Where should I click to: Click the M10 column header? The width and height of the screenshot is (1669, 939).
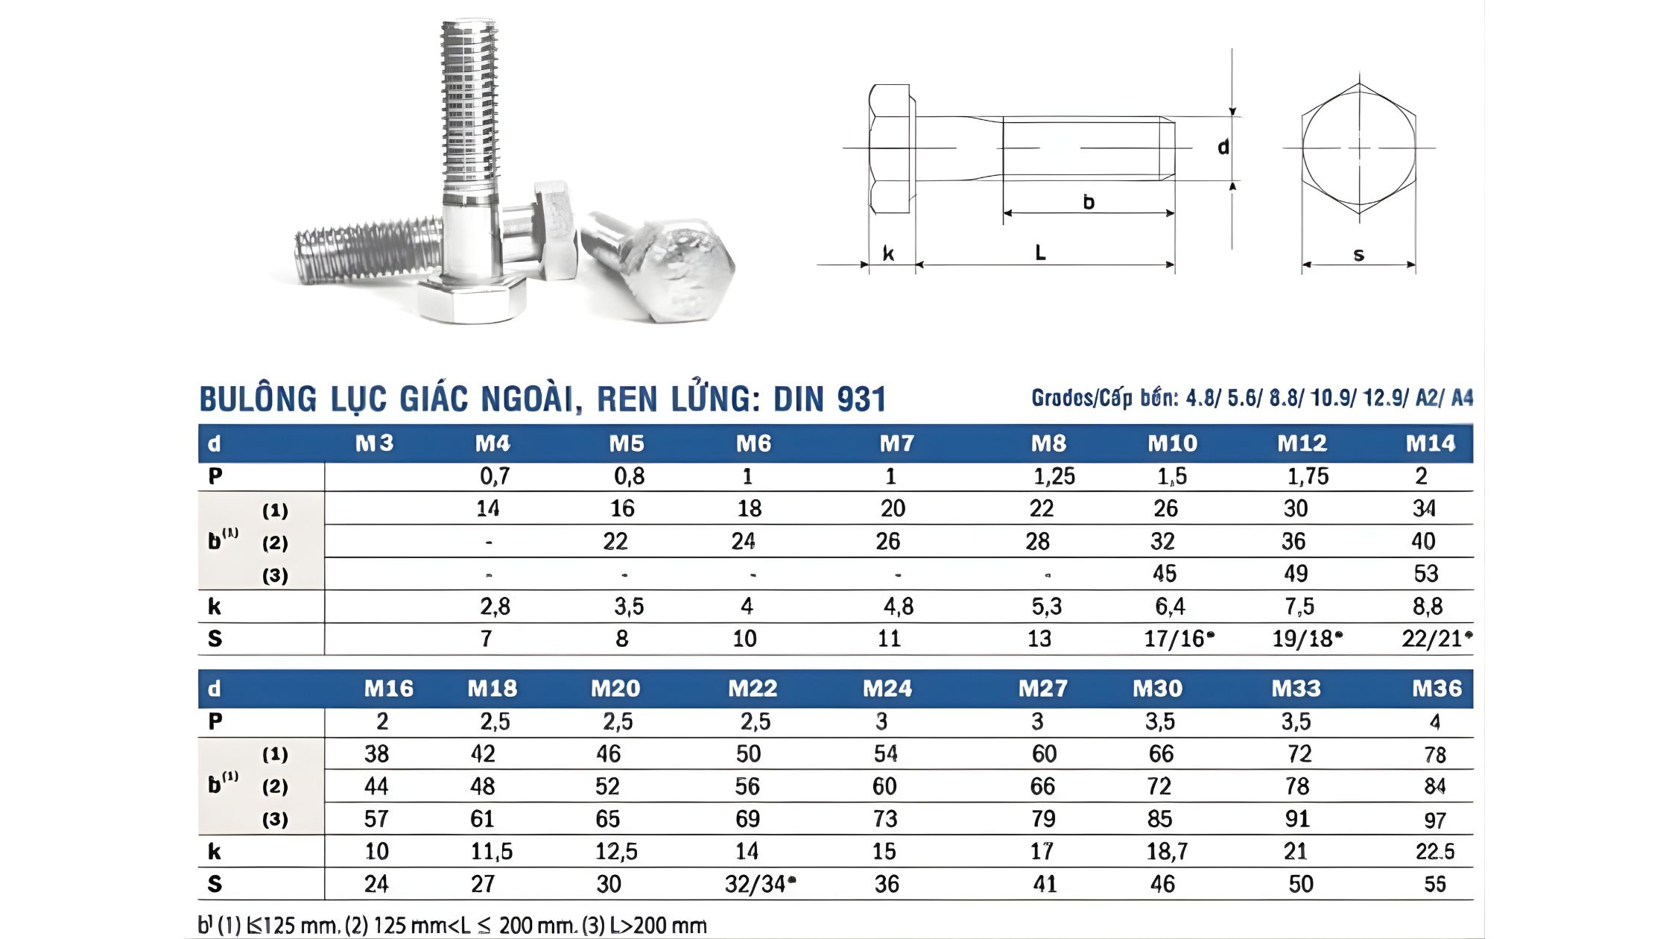(1172, 443)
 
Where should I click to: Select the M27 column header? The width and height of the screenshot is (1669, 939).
(1042, 688)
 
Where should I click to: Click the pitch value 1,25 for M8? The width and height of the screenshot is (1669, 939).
(1054, 476)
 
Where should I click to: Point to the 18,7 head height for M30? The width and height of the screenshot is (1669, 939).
(1167, 851)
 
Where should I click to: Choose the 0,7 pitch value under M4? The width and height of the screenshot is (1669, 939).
(495, 476)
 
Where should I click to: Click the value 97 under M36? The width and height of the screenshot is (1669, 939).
(1435, 820)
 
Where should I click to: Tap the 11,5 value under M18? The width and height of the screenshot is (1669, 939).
(491, 851)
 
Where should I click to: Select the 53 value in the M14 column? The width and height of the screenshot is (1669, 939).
(1425, 574)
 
